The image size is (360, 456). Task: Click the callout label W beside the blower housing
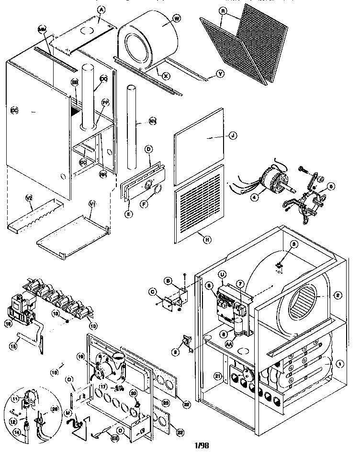[177, 19]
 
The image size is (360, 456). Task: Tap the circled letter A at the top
[101, 9]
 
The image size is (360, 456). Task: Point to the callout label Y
[220, 74]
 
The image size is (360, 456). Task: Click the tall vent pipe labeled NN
[131, 120]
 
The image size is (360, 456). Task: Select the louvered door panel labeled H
[198, 201]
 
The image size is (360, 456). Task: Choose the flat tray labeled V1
[72, 230]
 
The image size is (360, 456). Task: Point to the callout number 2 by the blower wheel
[337, 296]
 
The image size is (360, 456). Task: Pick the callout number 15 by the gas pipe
[14, 344]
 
